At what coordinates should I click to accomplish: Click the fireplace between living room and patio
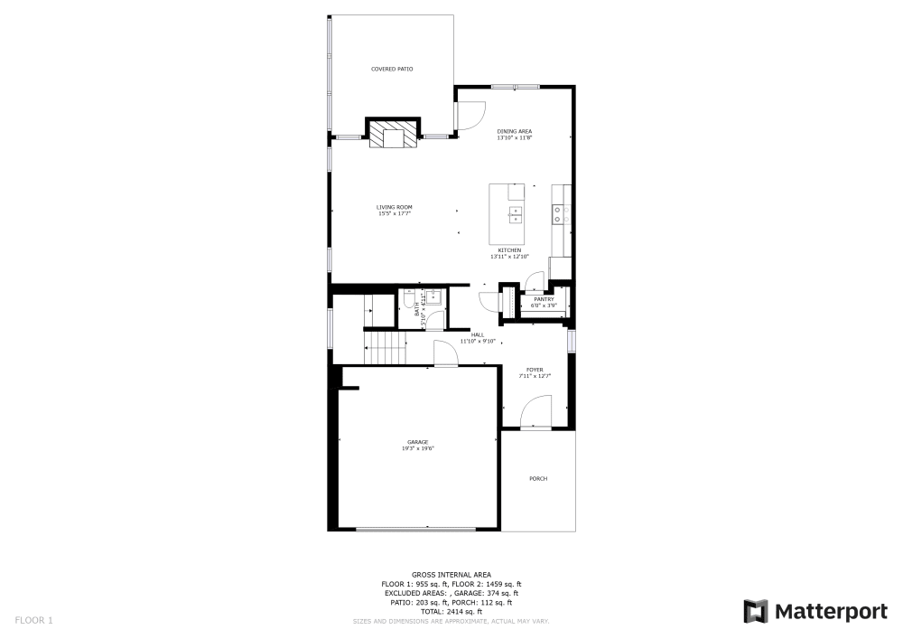click(x=393, y=136)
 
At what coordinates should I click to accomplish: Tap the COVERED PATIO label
click(x=392, y=69)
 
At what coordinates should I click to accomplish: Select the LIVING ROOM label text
click(x=395, y=208)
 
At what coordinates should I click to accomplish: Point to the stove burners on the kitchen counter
click(x=558, y=214)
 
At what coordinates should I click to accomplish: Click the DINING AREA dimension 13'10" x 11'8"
click(x=515, y=138)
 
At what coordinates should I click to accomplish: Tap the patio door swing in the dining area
click(x=470, y=115)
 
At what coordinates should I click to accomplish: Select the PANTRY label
click(x=544, y=299)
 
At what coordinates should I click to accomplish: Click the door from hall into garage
click(x=445, y=354)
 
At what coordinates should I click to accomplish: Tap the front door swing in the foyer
click(x=535, y=415)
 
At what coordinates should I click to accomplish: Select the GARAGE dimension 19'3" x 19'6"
click(x=417, y=448)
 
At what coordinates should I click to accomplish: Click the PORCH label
click(x=538, y=479)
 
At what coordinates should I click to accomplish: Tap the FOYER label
click(x=535, y=369)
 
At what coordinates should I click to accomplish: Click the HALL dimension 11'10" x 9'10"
click(x=478, y=341)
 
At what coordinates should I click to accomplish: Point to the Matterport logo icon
click(x=756, y=612)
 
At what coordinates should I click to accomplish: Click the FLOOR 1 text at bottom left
click(x=34, y=620)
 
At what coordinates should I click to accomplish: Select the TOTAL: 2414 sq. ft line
click(x=451, y=612)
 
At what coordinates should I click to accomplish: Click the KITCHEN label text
click(x=509, y=250)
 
